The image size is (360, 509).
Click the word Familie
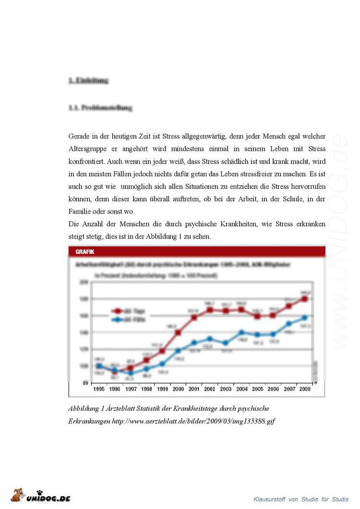pyautogui.click(x=81, y=211)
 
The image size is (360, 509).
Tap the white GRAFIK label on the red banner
pyautogui.click(x=84, y=251)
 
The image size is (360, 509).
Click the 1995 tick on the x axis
pyautogui.click(x=99, y=389)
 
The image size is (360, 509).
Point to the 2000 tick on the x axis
pyautogui.click(x=178, y=389)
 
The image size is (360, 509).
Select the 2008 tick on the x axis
pyautogui.click(x=304, y=389)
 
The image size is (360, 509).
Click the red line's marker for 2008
pyautogui.click(x=304, y=299)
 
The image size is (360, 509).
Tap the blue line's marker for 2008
pyautogui.click(x=304, y=317)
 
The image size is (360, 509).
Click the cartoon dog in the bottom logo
pyautogui.click(x=18, y=495)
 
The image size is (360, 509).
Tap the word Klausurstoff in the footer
pyautogui.click(x=270, y=499)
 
